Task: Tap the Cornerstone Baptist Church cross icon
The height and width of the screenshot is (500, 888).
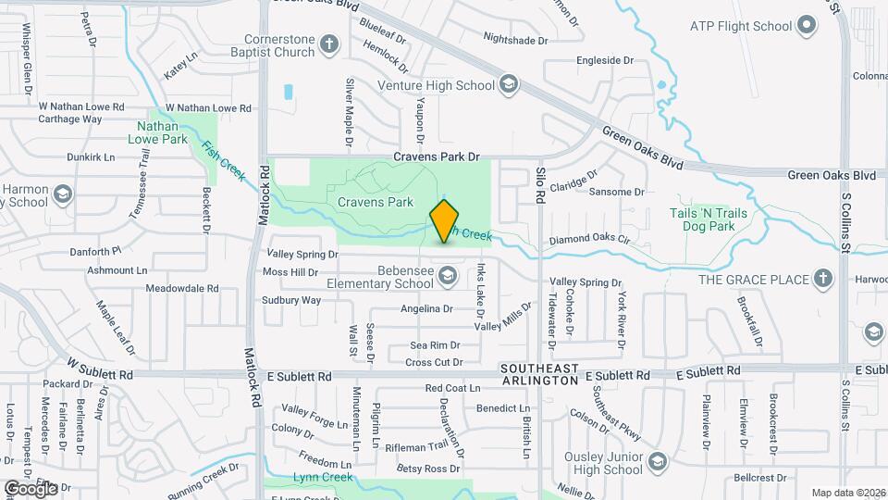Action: click(330, 44)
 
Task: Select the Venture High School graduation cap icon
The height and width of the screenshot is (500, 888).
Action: click(507, 86)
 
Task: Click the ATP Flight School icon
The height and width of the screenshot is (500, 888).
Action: click(807, 25)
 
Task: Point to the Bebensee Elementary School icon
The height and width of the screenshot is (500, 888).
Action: click(448, 276)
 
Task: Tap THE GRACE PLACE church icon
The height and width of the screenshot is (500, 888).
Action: click(821, 279)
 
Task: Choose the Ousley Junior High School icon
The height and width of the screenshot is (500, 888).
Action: click(657, 462)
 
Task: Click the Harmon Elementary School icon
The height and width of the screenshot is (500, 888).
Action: click(62, 194)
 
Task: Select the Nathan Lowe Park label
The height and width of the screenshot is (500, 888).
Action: click(163, 132)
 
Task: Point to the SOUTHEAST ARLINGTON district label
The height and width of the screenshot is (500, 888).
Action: click(539, 374)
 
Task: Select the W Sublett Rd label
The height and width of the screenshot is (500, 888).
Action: click(101, 374)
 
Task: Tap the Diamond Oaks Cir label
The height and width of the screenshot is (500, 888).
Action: click(589, 239)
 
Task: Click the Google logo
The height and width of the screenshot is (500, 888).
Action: click(30, 487)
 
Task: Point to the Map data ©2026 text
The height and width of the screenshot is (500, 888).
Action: click(847, 493)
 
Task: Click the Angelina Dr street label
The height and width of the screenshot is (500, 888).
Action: click(426, 308)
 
